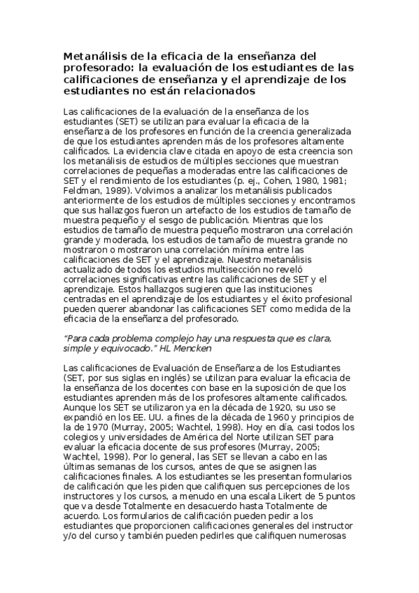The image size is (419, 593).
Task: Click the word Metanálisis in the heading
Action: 94,56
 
